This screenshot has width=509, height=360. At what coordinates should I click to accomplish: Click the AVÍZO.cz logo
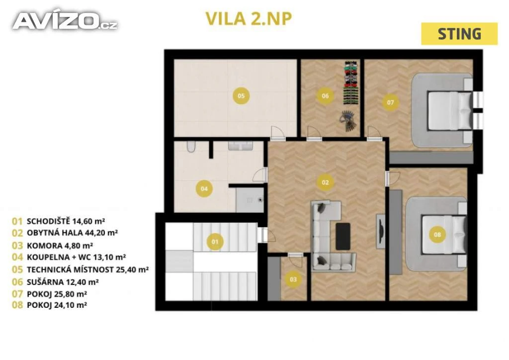click(x=65, y=21)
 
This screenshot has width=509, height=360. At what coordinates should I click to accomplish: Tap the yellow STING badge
click(x=459, y=34)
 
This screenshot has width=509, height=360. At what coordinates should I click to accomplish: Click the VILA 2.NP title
click(x=249, y=19)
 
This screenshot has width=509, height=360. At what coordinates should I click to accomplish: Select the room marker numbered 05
click(x=241, y=96)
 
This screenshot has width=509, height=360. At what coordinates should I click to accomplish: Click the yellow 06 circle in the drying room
click(x=325, y=96)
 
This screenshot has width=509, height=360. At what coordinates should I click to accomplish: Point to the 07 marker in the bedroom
click(x=390, y=102)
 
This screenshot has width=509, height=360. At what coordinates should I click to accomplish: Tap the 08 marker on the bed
click(x=437, y=234)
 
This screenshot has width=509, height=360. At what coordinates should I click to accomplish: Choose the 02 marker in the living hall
click(x=325, y=182)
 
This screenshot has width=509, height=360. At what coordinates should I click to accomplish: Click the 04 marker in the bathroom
click(x=204, y=188)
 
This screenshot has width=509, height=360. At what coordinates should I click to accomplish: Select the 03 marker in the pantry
click(x=293, y=279)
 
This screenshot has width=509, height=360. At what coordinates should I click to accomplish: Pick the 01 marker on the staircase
click(x=215, y=242)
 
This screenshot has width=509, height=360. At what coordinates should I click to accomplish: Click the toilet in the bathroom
click(x=191, y=146)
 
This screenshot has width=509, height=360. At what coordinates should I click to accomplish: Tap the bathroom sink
click(x=240, y=146)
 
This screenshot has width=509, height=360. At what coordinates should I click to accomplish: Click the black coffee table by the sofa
click(x=343, y=236)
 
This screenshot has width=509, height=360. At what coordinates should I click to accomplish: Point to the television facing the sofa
click(x=381, y=231)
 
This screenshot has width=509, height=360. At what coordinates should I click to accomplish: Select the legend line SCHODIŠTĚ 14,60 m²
click(x=66, y=221)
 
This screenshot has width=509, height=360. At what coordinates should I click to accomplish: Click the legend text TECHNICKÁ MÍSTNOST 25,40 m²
click(x=87, y=270)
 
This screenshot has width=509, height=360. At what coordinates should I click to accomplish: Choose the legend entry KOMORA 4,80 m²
click(x=60, y=246)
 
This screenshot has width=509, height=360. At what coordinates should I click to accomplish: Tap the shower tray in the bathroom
click(x=250, y=200)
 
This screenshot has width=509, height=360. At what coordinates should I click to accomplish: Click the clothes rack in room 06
click(x=351, y=83)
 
